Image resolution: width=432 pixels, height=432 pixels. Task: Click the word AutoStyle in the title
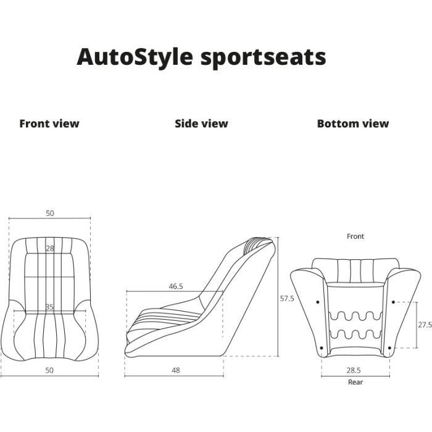point(135,57)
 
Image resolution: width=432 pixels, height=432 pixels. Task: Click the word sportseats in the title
point(264,59)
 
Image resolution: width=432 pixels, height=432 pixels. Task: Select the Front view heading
point(49,123)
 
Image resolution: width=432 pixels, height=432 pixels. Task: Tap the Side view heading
point(201,123)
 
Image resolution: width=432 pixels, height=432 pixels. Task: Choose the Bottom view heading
point(353,123)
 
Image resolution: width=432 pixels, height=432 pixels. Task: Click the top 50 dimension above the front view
point(50,214)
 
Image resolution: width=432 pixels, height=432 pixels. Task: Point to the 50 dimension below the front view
point(49,370)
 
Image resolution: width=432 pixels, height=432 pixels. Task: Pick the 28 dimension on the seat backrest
point(50,249)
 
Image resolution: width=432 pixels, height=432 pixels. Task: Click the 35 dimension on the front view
point(49,307)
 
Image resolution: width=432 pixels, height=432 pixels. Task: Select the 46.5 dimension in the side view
point(176,286)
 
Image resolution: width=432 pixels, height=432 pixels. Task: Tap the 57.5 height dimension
point(287,298)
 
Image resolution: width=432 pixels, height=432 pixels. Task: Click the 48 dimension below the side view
point(176,370)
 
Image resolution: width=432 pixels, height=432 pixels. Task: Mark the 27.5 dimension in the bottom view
point(425,325)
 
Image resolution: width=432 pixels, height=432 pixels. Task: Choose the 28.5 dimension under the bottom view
point(354,370)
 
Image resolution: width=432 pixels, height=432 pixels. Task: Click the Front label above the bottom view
point(355,236)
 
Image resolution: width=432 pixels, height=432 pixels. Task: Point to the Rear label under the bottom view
point(355,382)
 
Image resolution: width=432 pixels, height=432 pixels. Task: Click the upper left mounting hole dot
point(318,302)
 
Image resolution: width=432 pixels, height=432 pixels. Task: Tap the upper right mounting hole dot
point(393,302)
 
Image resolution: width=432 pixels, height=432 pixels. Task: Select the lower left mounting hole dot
point(322,348)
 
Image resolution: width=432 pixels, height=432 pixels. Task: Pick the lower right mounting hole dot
point(389,348)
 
